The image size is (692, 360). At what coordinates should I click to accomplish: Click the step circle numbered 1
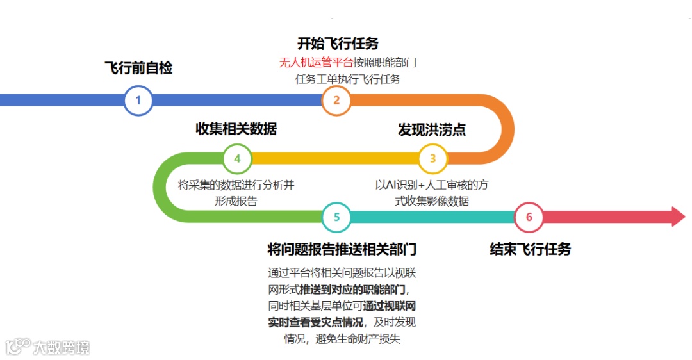(x=138, y=101)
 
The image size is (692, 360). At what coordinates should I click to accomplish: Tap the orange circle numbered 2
(x=336, y=101)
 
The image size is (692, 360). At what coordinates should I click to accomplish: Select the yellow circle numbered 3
(x=433, y=158)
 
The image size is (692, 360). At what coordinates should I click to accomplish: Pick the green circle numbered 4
(x=237, y=158)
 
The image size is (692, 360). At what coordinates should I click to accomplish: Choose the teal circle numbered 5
(x=336, y=217)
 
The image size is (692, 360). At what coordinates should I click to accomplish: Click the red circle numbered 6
(x=529, y=217)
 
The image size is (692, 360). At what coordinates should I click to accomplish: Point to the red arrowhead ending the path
(x=678, y=217)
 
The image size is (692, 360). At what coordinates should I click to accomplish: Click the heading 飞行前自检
(x=138, y=68)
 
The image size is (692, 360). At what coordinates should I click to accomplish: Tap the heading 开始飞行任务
(x=338, y=44)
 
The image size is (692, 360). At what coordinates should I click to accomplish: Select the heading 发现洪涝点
(x=432, y=129)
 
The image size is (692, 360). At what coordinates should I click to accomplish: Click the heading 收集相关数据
(x=236, y=129)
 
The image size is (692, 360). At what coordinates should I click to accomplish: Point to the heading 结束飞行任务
(x=530, y=249)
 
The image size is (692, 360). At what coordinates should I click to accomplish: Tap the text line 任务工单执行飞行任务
(x=348, y=79)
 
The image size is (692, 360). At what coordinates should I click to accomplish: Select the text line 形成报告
(x=236, y=200)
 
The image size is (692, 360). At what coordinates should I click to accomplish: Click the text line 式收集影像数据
(x=432, y=201)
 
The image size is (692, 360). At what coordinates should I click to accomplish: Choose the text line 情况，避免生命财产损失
(x=342, y=339)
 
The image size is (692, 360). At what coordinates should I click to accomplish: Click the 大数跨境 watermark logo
(x=48, y=347)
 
